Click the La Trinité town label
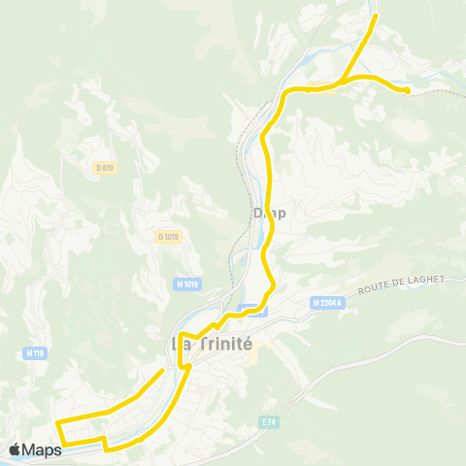[212, 344]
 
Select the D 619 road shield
[105, 167]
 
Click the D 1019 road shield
[168, 236]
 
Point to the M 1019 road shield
[188, 283]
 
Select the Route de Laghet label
[400, 284]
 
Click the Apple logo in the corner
[15, 449]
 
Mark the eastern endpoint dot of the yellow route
[408, 90]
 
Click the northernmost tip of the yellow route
[376, 17]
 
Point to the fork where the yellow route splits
[342, 79]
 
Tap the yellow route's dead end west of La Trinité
[162, 371]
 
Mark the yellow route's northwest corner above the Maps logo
[56, 423]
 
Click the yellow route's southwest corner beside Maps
[64, 446]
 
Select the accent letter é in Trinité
[247, 344]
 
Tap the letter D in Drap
[257, 212]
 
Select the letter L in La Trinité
[177, 344]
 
